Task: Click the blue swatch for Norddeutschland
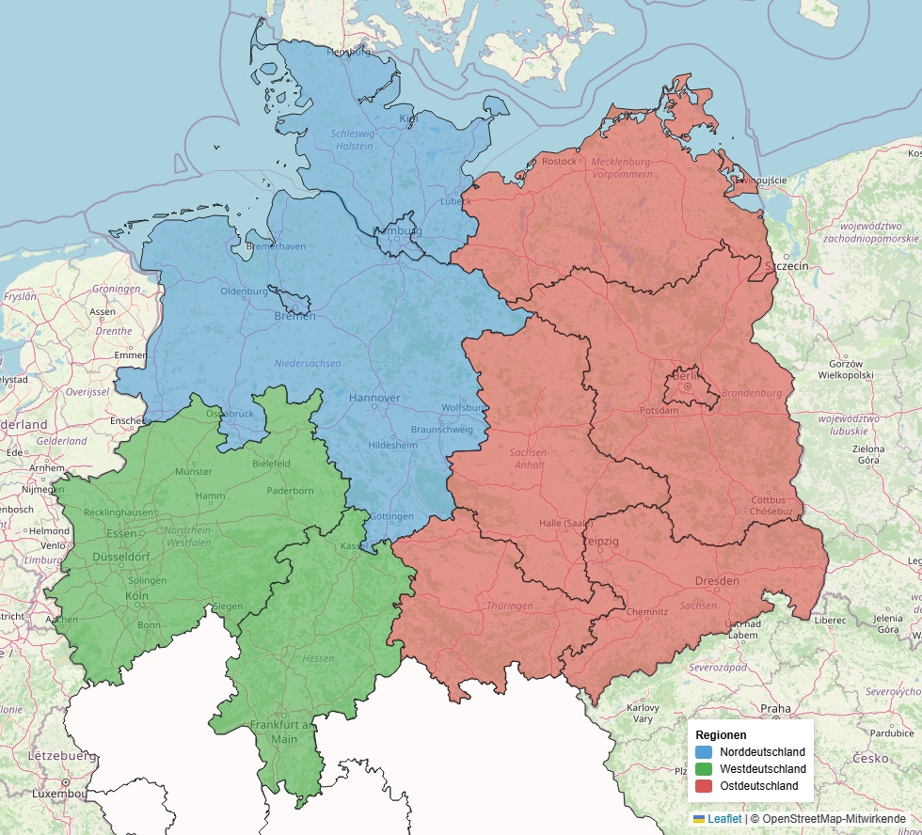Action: click(x=704, y=752)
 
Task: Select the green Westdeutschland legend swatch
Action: click(x=704, y=769)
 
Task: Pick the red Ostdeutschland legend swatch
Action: click(x=704, y=786)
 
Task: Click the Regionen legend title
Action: click(x=721, y=734)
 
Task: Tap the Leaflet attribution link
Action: click(x=723, y=819)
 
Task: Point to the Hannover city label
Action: click(x=374, y=398)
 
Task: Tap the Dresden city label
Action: click(x=717, y=581)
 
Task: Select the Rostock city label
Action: click(x=559, y=161)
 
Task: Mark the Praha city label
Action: click(x=775, y=708)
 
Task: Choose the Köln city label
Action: click(x=136, y=596)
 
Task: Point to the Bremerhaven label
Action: click(x=275, y=246)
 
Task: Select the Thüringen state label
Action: click(x=509, y=606)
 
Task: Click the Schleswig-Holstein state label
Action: click(x=352, y=140)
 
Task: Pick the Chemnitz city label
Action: click(x=646, y=611)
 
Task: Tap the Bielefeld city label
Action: click(x=272, y=464)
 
